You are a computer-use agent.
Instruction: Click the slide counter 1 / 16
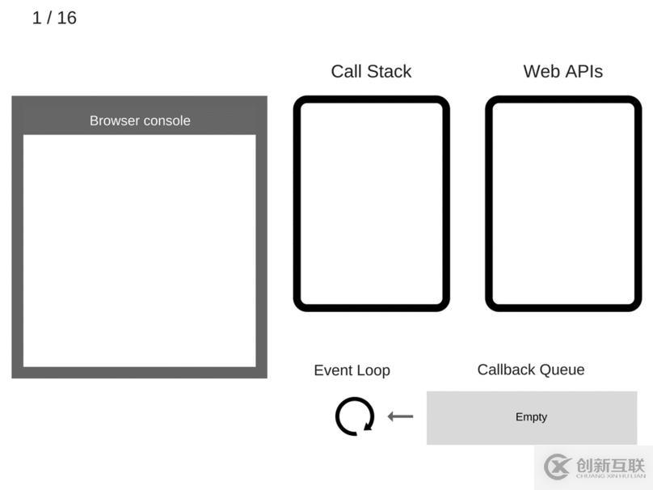point(54,18)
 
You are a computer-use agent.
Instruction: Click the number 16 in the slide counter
point(66,18)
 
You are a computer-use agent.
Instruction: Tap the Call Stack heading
point(371,71)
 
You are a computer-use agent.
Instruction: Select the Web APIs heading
point(563,71)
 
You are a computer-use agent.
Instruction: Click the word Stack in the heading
point(389,71)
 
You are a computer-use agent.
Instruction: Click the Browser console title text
point(140,120)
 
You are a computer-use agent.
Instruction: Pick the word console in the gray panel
point(166,120)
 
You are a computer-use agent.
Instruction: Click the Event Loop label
point(352,370)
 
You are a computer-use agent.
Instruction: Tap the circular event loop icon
point(337,416)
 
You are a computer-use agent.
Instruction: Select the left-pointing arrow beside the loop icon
point(400,416)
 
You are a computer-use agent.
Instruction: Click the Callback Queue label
point(531,370)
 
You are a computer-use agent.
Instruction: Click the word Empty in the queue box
point(531,417)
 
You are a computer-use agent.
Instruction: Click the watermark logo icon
point(557,467)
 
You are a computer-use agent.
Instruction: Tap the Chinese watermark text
point(610,465)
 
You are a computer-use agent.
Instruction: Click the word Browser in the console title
point(115,120)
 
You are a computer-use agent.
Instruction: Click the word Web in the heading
point(541,71)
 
